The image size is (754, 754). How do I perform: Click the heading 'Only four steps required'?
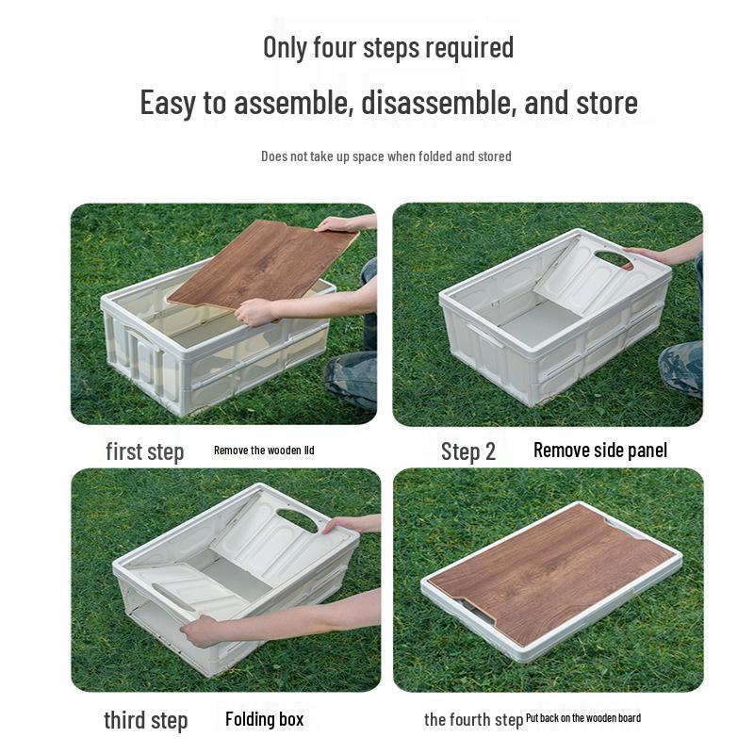click(387, 47)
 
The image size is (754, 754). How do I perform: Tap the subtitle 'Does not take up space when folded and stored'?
click(385, 156)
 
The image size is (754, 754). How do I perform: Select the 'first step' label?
click(144, 451)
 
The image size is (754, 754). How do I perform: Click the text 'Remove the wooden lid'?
click(264, 451)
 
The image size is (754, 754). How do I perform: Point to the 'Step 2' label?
click(467, 451)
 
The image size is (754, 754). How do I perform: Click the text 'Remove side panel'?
click(599, 451)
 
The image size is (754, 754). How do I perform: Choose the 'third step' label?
click(145, 721)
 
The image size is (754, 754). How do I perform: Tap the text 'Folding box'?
click(264, 719)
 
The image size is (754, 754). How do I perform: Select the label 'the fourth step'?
click(472, 720)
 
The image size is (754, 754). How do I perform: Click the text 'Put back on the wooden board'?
click(583, 718)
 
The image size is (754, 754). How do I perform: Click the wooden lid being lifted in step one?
click(259, 265)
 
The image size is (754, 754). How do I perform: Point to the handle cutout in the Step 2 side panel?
click(614, 257)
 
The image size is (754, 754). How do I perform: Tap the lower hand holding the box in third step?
click(203, 629)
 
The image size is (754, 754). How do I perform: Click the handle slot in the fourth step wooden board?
click(482, 614)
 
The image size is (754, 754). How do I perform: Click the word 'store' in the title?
click(600, 102)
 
